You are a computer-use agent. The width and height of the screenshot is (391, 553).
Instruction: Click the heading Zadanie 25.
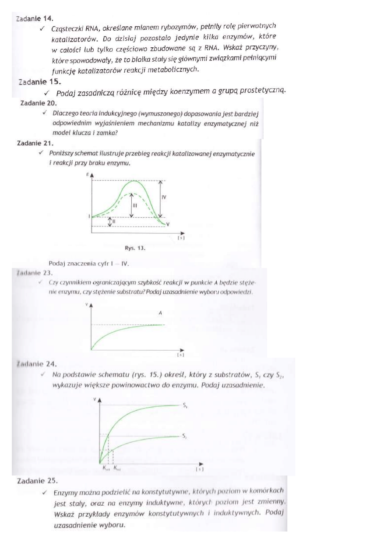[x=35, y=481]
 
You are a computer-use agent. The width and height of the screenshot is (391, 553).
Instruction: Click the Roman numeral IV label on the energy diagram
[x=164, y=197]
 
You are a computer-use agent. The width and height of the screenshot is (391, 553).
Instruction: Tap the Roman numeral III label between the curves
[x=135, y=205]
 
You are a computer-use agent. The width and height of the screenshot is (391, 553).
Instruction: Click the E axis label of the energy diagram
[x=88, y=175]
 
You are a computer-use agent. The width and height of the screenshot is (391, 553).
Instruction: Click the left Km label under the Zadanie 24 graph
[x=106, y=468]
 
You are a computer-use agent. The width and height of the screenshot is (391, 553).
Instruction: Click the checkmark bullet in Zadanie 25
[x=45, y=493]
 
